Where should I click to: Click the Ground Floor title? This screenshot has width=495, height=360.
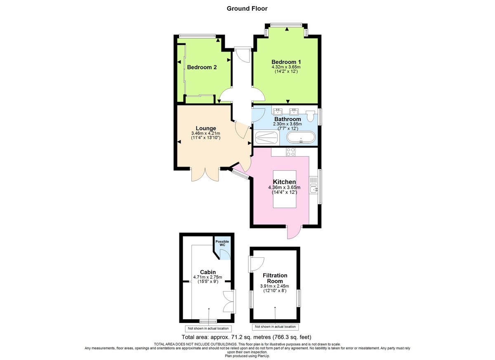247,8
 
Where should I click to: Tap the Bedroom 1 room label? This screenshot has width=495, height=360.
286,62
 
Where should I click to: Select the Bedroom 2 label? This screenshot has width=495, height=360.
202,67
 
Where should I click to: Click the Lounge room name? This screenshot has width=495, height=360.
206,128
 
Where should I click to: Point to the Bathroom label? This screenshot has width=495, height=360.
288,119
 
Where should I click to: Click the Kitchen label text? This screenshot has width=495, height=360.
285,182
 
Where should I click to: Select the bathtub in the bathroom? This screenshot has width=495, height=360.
302,138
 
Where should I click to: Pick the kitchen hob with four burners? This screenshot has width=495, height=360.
290,152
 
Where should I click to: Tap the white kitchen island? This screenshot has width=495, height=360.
285,189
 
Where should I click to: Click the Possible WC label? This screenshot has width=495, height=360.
223,243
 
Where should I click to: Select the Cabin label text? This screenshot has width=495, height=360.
208,272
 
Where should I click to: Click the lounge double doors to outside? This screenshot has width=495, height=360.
205,175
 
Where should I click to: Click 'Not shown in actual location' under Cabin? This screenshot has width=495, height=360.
208,329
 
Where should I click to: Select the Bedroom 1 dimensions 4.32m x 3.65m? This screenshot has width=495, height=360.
286,67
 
